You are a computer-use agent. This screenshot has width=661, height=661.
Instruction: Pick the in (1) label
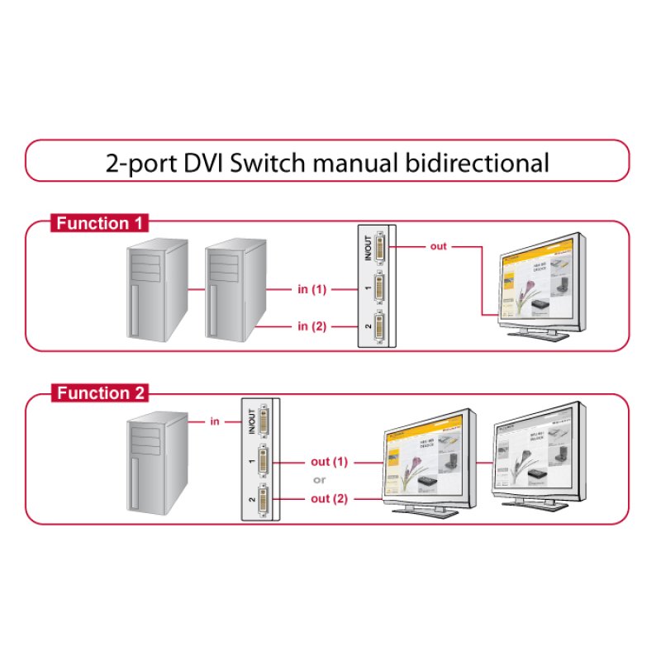click(312, 289)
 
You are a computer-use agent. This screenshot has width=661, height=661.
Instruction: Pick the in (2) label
click(312, 326)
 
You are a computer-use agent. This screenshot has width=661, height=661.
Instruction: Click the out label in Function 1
click(438, 246)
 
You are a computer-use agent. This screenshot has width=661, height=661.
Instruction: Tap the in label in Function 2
click(214, 421)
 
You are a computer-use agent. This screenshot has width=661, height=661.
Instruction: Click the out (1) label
click(330, 461)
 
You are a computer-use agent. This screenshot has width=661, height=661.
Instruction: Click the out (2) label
click(330, 498)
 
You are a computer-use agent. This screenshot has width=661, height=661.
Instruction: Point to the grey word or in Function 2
click(319, 480)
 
